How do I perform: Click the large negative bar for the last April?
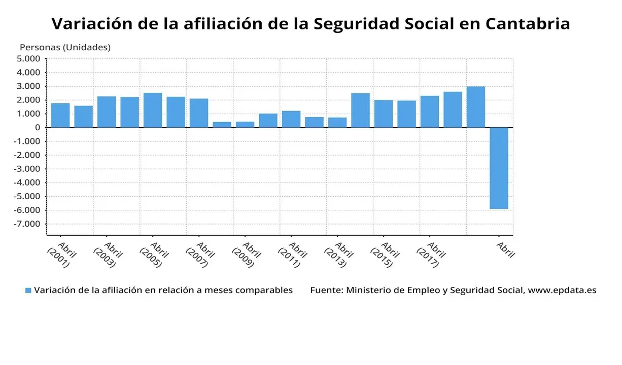[x=499, y=168]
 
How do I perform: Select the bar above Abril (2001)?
[x=60, y=116]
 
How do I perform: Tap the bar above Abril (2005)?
[x=153, y=110]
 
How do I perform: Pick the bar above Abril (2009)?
[x=245, y=124]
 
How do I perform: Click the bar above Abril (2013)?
[x=337, y=122]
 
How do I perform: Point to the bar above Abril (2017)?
[x=430, y=112]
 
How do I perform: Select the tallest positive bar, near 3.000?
[x=476, y=107]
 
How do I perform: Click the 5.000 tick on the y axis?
[x=28, y=59]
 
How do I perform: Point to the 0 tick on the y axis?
[x=37, y=128]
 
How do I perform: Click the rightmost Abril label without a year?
[x=505, y=250]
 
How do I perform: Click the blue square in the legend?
[x=28, y=290]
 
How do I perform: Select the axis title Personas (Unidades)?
[x=65, y=47]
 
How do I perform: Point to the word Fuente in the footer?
[x=326, y=290]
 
